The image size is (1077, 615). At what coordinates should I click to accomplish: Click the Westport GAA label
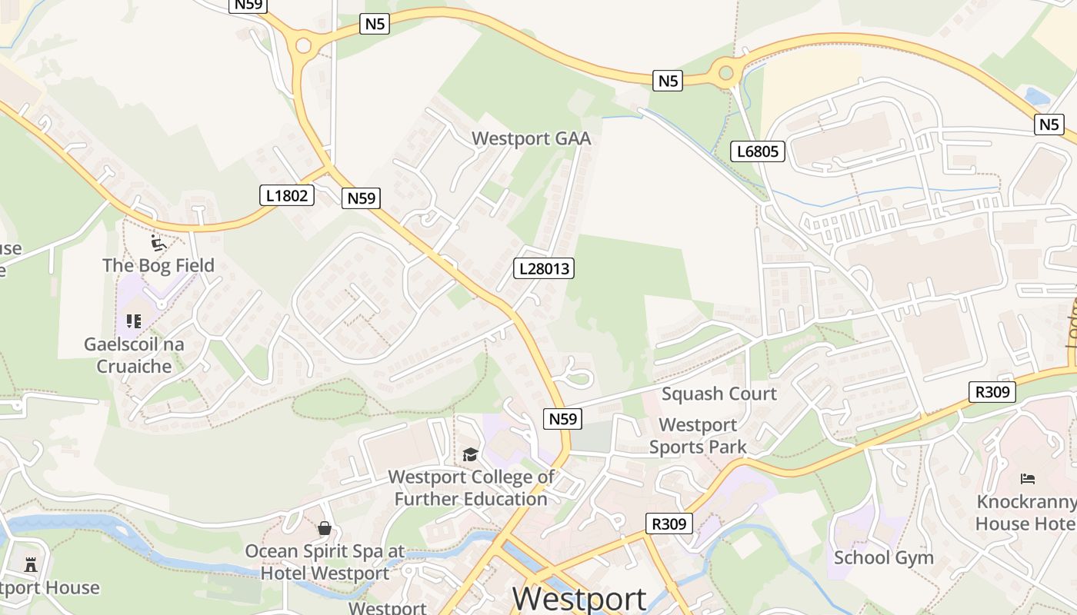point(531,138)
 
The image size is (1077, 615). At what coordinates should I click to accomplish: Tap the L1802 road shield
point(287,195)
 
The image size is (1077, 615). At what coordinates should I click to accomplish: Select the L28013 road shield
point(544,268)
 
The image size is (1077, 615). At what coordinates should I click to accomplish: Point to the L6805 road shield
point(757,151)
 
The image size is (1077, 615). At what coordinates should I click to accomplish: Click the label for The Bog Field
point(158,265)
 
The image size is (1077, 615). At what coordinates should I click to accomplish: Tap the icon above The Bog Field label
point(158,244)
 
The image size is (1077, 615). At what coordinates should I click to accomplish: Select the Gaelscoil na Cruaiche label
point(134,355)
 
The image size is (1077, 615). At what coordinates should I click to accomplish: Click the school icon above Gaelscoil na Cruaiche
point(134,321)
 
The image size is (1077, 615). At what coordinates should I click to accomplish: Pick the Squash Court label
point(719,394)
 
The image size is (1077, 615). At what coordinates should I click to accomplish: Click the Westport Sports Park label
point(698,436)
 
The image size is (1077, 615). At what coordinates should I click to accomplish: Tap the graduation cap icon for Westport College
point(470,454)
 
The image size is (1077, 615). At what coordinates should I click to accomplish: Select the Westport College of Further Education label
point(471,488)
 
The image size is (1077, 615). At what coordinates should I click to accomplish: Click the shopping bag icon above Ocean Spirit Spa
point(325,528)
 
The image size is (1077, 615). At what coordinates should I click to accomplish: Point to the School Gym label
point(884,557)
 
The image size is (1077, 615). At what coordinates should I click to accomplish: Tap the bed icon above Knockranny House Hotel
point(1028,479)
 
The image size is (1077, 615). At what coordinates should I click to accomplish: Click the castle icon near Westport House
point(31,565)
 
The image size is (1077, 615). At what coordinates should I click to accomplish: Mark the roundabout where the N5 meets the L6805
point(725,73)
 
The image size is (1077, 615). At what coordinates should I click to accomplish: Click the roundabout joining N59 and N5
point(302,45)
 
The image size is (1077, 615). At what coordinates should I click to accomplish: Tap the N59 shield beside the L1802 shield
point(361,198)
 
